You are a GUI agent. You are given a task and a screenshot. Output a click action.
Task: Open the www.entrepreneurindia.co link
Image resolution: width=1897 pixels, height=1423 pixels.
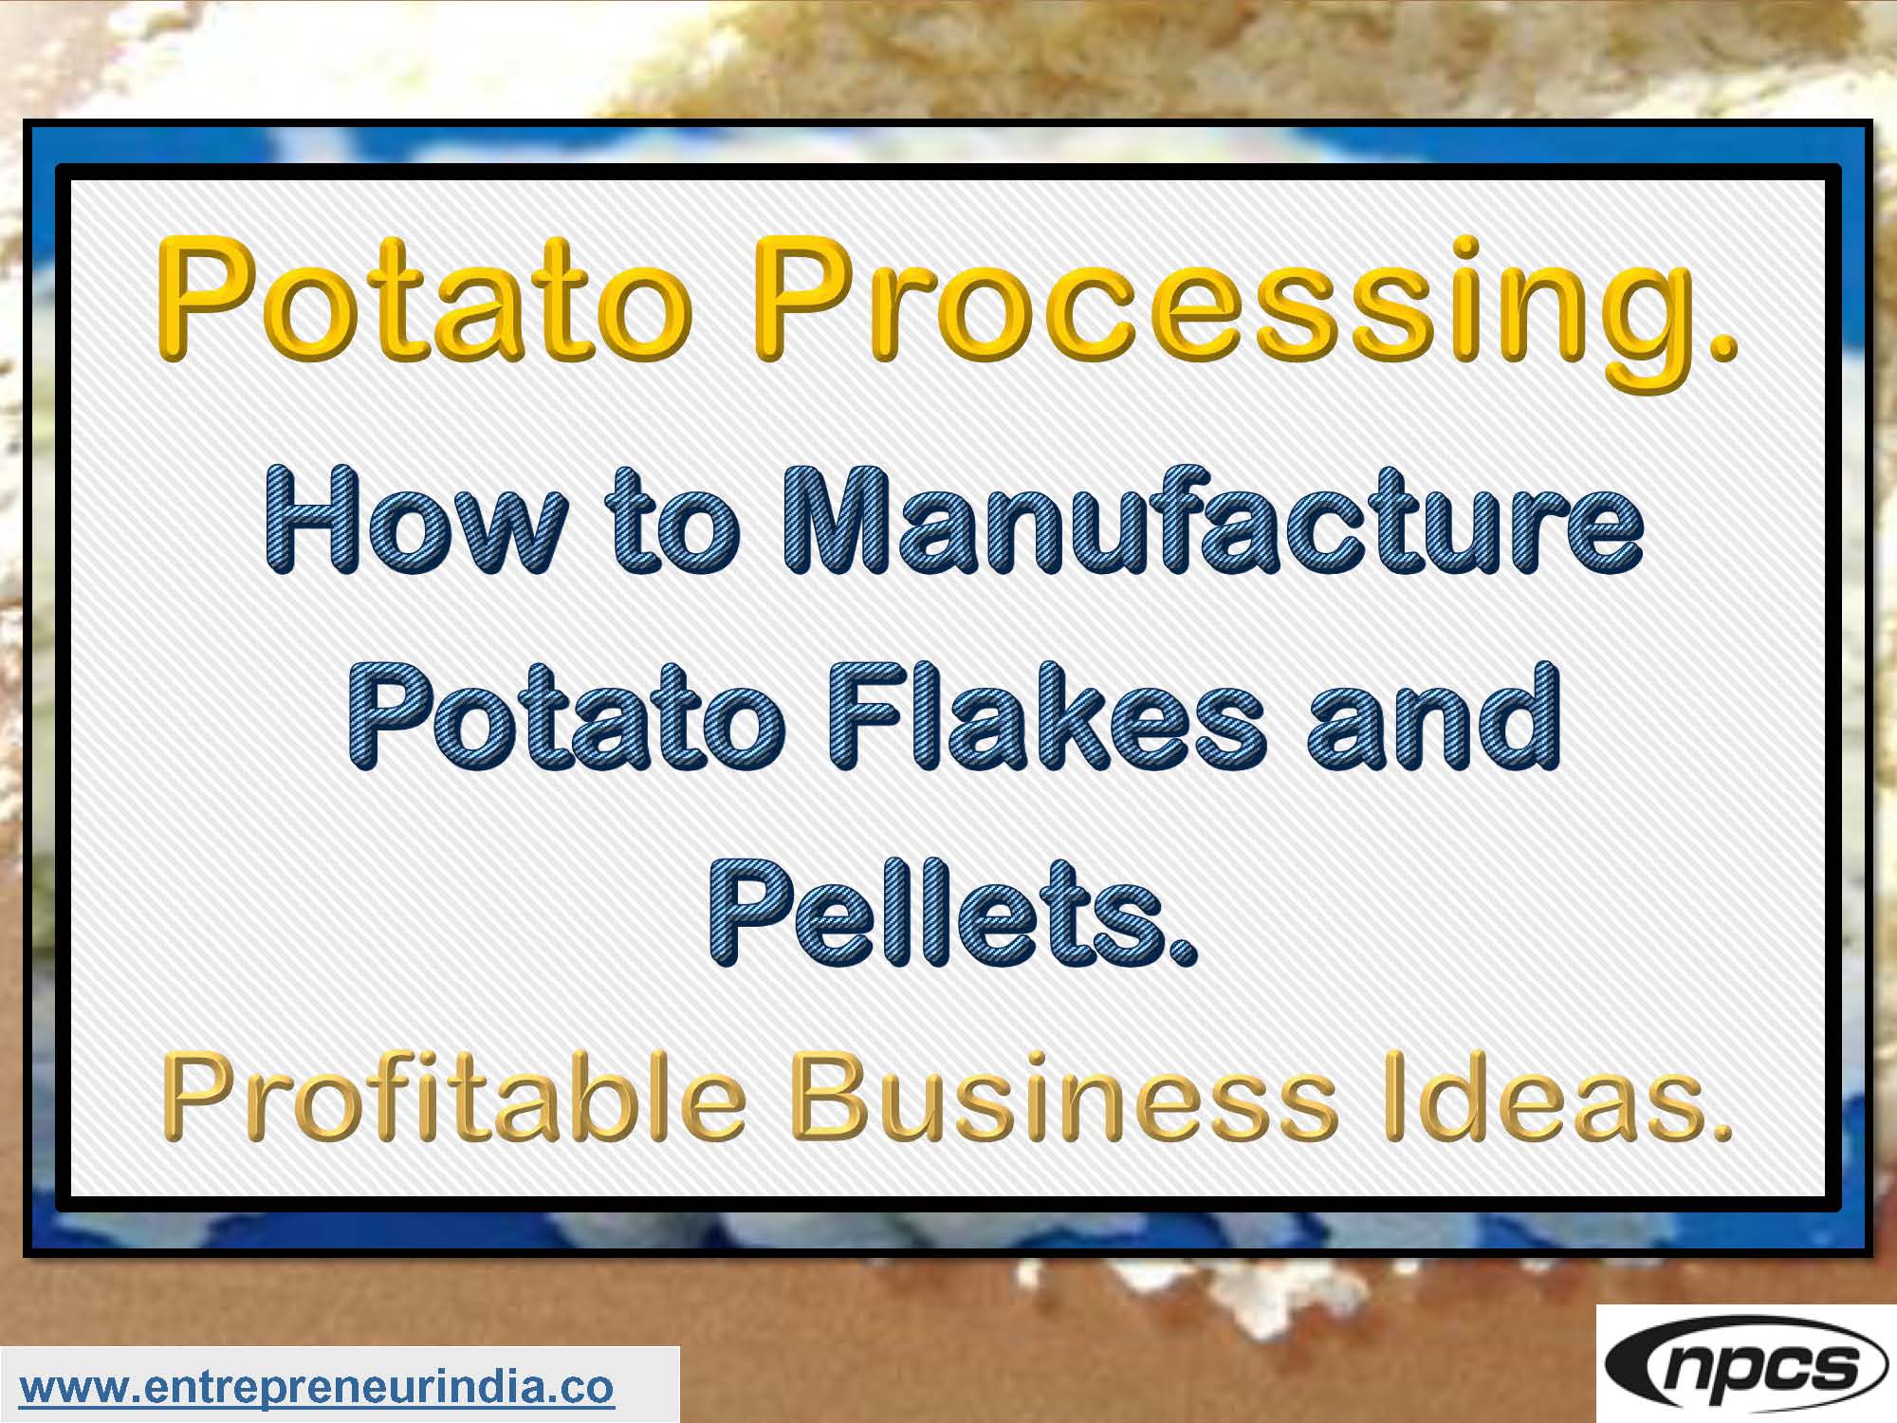coord(317,1387)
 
